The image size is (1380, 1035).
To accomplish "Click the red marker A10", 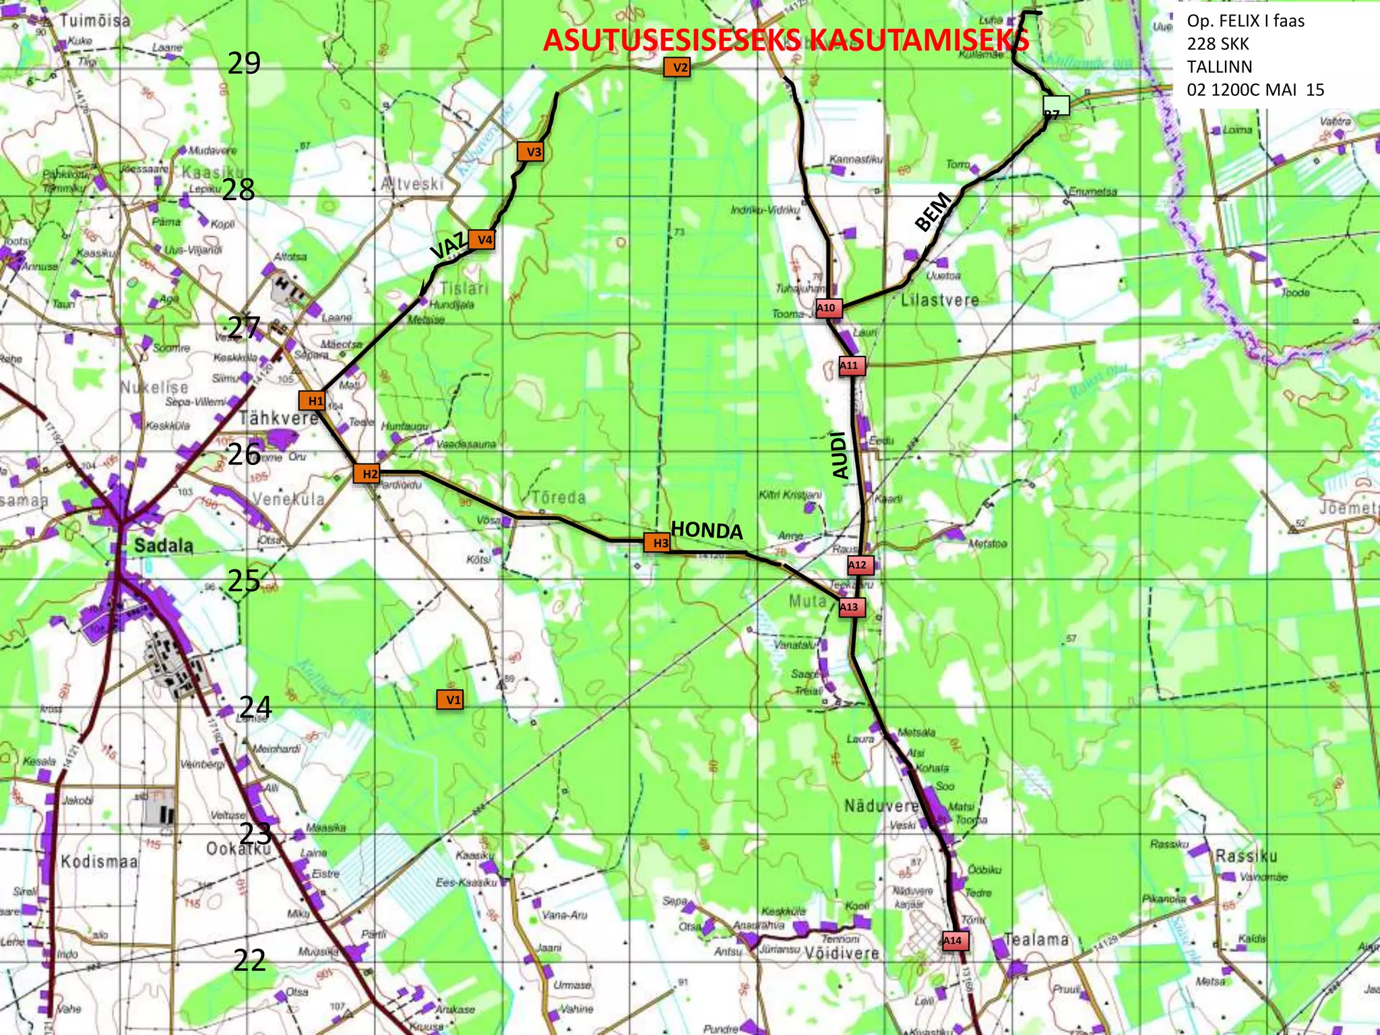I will point(827,308).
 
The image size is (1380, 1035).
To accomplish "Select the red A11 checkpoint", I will point(851,365).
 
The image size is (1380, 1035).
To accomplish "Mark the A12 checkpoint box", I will point(859,565).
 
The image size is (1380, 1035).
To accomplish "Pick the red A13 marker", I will point(850,607).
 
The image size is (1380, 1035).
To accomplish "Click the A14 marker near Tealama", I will point(954,940).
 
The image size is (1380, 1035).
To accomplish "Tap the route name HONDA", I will point(707,530).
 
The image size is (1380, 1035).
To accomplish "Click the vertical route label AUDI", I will point(840,456).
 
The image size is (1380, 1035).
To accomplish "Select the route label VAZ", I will point(448,246).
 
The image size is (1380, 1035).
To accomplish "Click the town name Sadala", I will point(164,545).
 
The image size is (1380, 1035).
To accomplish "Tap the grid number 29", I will point(244,63).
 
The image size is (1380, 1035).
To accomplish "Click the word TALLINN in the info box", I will point(1219,67).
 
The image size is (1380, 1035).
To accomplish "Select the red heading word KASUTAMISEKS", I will point(919,40).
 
